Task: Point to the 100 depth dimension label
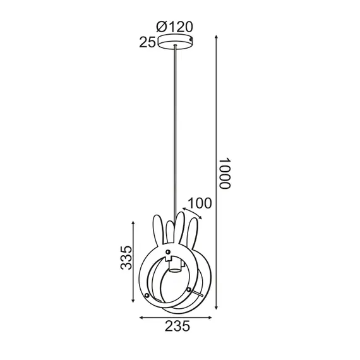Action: pos(200,203)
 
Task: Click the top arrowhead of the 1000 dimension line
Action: pos(217,36)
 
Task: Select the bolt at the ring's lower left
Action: pos(148,296)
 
